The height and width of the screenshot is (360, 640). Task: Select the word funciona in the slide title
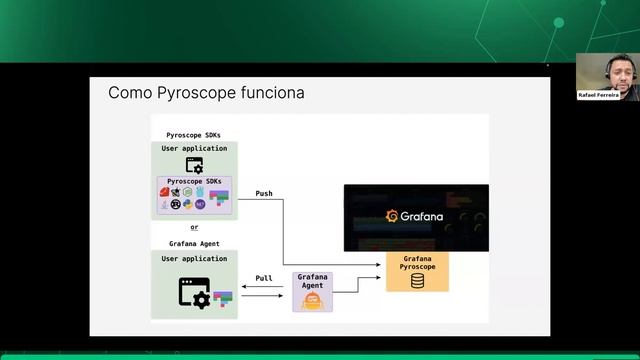click(x=270, y=94)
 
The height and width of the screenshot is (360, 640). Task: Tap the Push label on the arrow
click(x=264, y=193)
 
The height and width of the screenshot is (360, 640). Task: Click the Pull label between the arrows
click(x=264, y=279)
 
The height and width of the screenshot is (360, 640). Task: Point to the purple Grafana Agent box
click(x=312, y=291)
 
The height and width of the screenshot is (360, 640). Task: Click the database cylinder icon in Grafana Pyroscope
click(x=417, y=280)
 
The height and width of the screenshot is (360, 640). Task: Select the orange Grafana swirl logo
click(x=393, y=216)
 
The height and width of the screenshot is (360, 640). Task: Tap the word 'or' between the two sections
click(x=195, y=227)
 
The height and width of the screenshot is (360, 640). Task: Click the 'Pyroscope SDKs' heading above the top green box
click(x=195, y=134)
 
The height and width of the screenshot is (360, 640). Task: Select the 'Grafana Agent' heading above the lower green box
click(x=195, y=243)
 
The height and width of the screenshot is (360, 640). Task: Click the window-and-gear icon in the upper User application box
click(x=195, y=165)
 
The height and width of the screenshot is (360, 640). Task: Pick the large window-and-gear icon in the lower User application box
click(x=194, y=292)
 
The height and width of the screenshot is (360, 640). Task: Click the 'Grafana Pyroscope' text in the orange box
click(x=417, y=263)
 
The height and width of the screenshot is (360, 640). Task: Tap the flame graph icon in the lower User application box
click(x=223, y=298)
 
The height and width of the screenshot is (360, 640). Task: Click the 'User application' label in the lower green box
click(x=195, y=258)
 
